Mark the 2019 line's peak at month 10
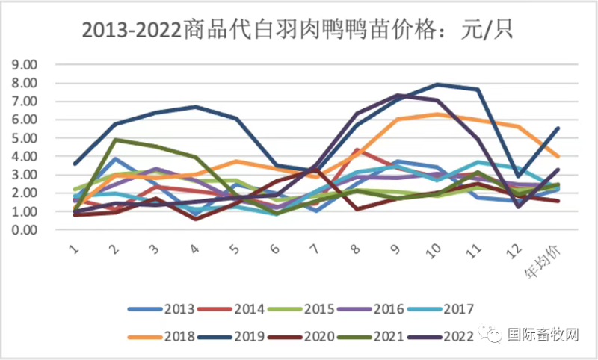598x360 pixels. pyautogui.click(x=437, y=84)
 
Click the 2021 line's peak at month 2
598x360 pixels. pyautogui.click(x=114, y=140)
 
